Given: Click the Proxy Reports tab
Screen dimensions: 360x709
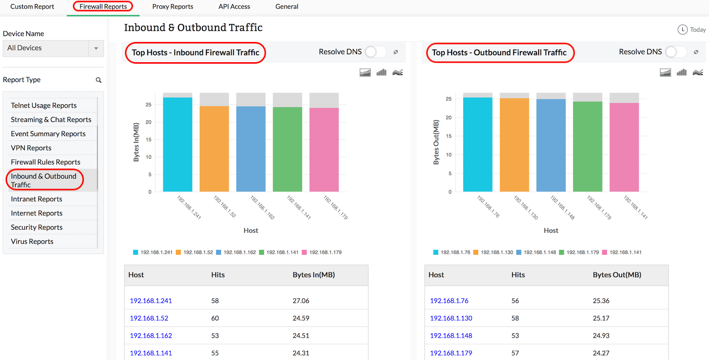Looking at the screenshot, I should [172, 7].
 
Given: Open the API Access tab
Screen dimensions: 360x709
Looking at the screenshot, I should [234, 7].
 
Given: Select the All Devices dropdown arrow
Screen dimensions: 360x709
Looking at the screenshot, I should [96, 49].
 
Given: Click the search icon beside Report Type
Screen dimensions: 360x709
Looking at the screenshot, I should [99, 80].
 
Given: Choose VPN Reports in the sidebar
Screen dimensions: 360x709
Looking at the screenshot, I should [31, 148].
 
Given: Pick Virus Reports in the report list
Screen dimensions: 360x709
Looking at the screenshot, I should [32, 241].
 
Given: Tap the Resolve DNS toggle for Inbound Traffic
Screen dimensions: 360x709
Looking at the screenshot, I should [375, 52].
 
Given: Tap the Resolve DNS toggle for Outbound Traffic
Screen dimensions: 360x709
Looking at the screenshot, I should [676, 52].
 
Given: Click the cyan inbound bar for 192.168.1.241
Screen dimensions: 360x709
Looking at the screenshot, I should [178, 145].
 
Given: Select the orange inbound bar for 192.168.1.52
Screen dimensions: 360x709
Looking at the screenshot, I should [214, 149].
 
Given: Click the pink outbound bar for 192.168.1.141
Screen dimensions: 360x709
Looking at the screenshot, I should [624, 147].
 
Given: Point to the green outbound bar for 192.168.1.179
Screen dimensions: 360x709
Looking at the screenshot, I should [588, 147].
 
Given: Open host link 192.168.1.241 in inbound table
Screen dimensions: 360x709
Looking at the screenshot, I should [151, 300].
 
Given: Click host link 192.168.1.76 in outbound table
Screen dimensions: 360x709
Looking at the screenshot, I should [449, 300].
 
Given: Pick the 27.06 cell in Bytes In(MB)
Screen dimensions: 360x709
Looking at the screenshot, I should [301, 300].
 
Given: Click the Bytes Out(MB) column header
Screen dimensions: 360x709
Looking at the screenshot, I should [617, 275].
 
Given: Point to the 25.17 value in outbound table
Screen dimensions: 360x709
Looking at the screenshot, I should [601, 318].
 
